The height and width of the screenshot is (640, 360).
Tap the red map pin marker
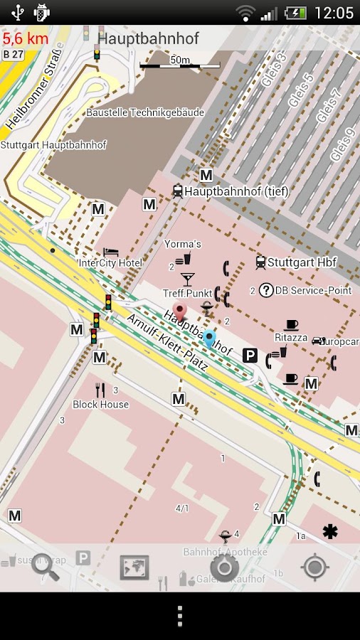179,311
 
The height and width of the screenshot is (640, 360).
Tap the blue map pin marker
209,338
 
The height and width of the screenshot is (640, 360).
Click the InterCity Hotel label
110,263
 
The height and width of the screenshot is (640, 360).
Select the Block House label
101,405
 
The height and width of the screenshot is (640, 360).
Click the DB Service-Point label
313,290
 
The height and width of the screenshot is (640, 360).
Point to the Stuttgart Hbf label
302,262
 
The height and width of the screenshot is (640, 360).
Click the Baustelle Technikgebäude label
145,112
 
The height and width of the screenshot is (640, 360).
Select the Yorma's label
183,244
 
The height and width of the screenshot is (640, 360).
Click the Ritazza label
291,338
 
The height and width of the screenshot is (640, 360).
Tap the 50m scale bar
179,64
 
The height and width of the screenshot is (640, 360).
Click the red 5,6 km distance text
25,38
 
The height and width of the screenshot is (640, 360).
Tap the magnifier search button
45,567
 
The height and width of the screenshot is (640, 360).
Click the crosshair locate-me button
314,567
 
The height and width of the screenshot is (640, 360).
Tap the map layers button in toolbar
134,567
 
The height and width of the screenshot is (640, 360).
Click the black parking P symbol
250,355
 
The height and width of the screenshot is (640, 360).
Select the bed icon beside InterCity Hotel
110,252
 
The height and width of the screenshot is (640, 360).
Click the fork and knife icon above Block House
100,390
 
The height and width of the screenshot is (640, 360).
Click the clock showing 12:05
334,13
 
